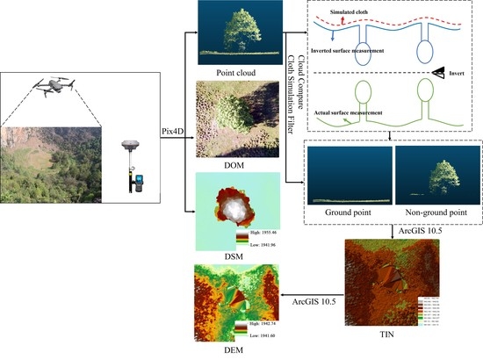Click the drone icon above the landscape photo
tap(53, 86)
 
